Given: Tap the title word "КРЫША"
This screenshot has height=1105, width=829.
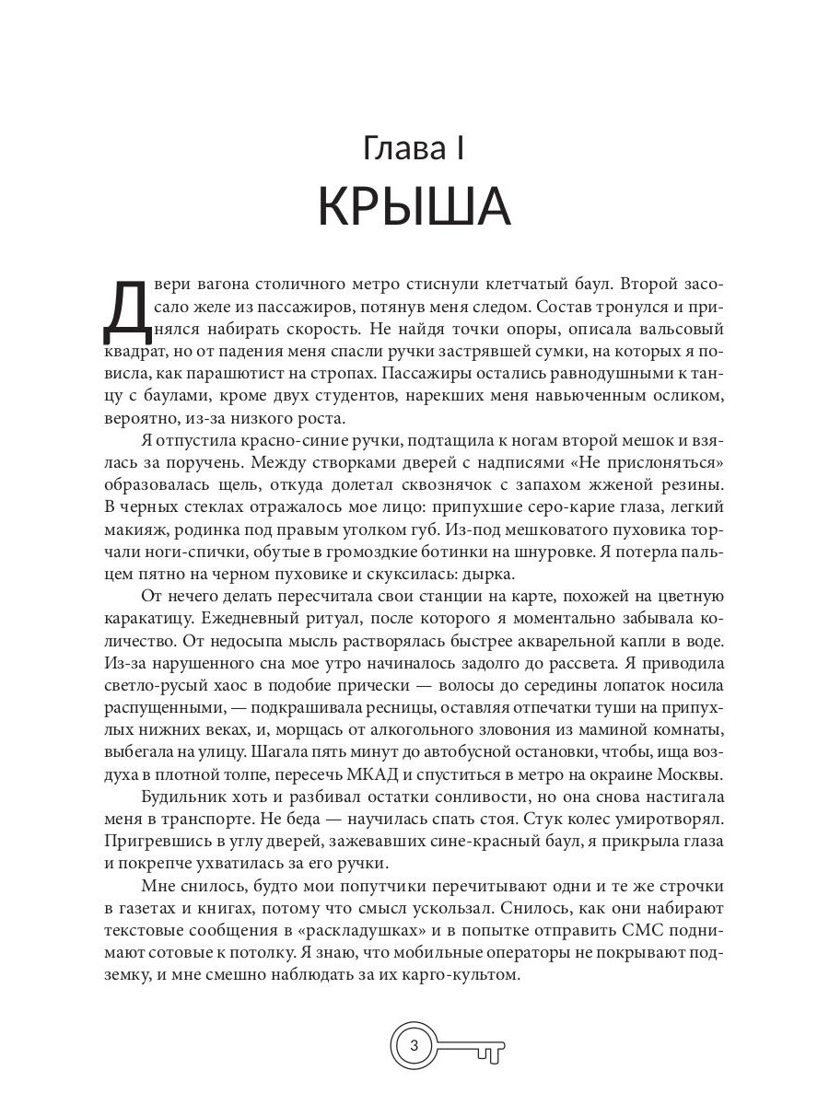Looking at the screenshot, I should tap(414, 207).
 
